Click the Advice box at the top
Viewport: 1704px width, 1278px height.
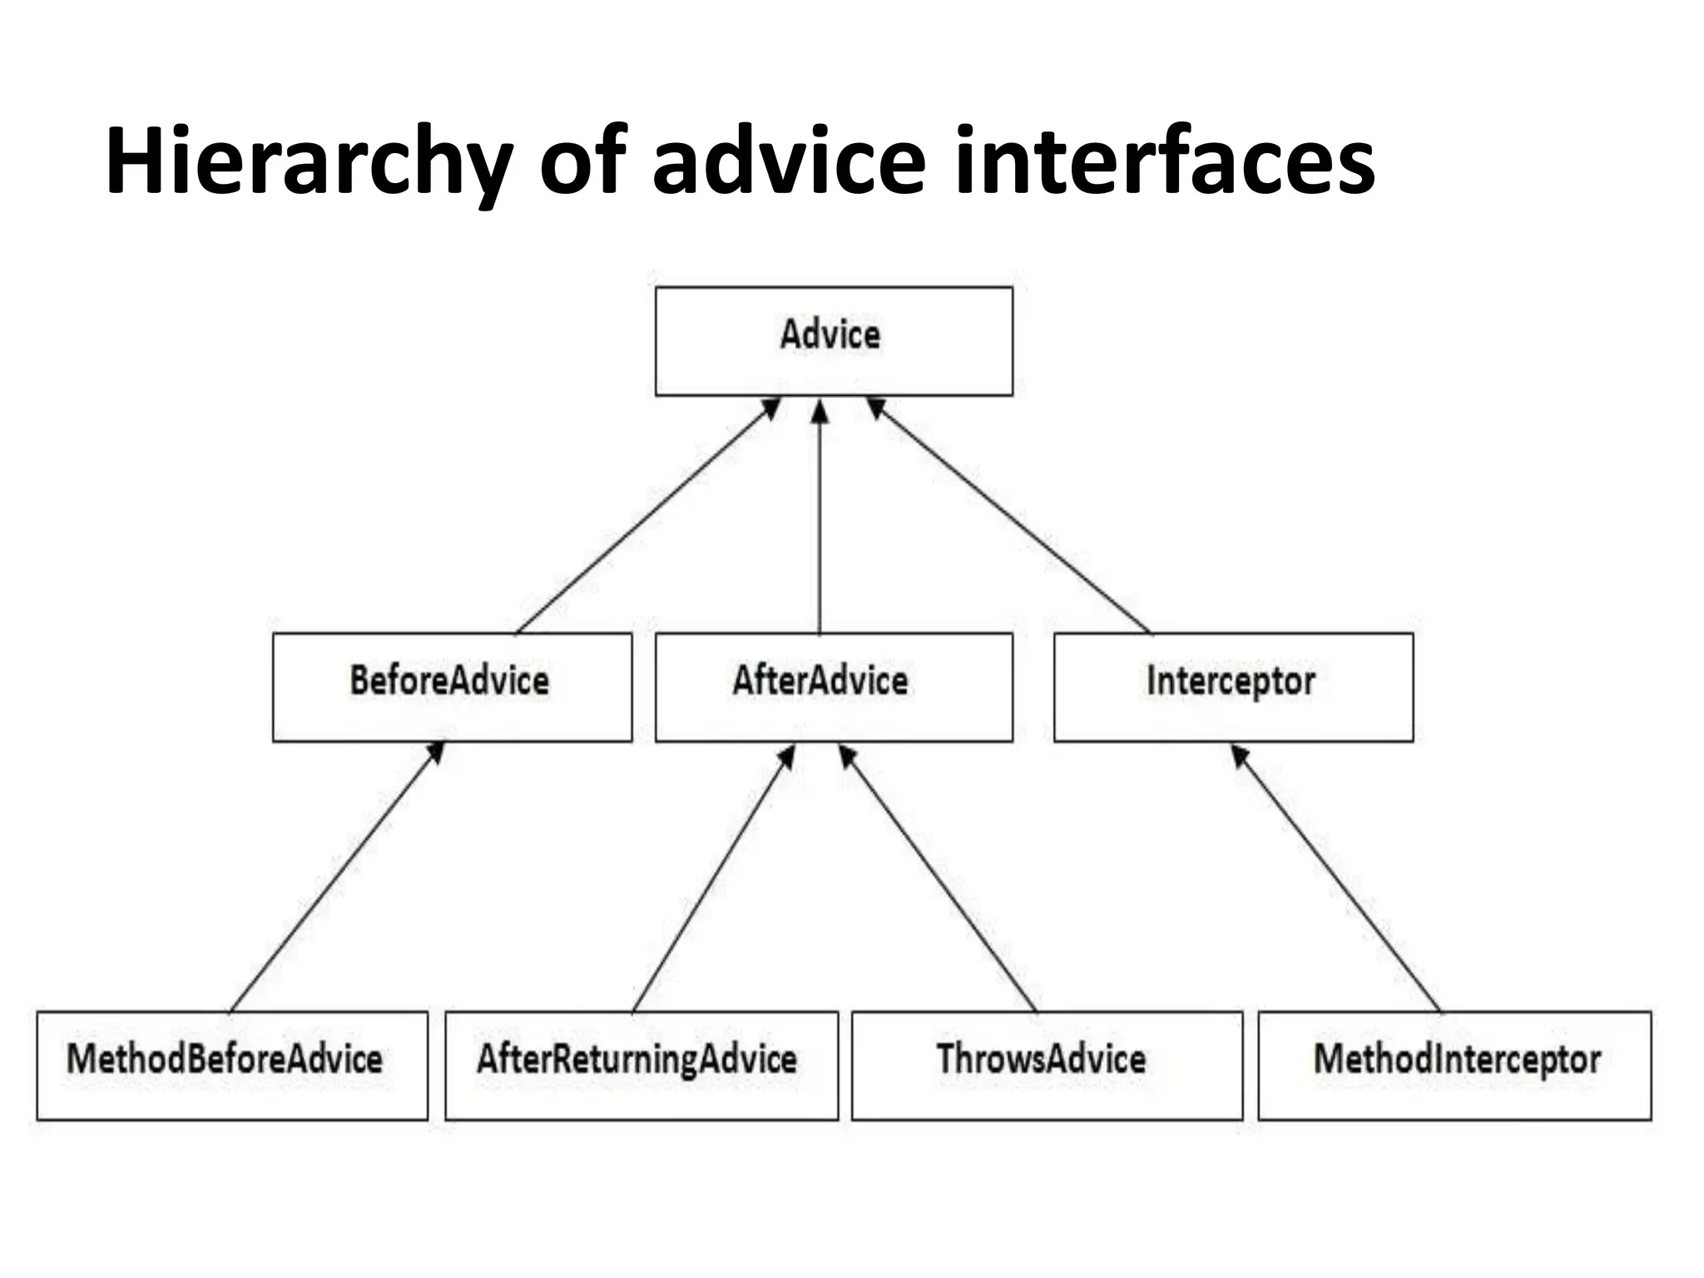834,340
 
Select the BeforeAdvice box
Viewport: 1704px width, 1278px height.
452,686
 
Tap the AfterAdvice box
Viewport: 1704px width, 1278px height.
834,686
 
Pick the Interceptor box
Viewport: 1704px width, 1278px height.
1233,686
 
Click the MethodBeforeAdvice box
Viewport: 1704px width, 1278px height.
232,1065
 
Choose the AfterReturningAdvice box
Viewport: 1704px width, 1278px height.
641,1065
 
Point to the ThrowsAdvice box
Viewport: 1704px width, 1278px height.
1047,1065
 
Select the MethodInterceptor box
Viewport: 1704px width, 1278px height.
1454,1065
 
